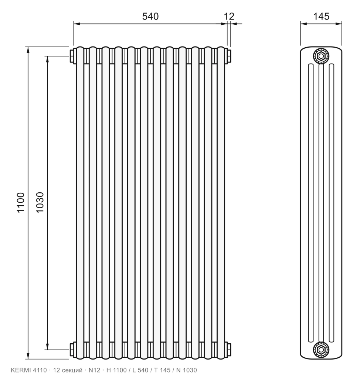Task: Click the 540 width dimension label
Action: point(150,16)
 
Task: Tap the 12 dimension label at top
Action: point(229,16)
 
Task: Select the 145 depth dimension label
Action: point(321,16)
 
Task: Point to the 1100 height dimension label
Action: point(21,202)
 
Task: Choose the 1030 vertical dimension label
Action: point(40,202)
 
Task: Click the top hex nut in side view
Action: point(321,56)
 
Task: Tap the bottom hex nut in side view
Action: point(321,349)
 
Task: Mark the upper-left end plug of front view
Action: point(72,56)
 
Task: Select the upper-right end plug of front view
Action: point(229,56)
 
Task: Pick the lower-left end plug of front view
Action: point(72,349)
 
